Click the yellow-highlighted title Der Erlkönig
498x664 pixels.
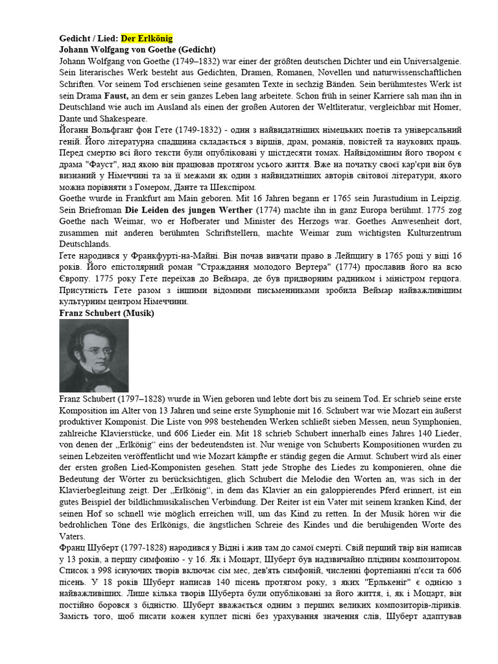click(147, 38)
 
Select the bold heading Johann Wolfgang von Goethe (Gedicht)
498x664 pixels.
click(137, 49)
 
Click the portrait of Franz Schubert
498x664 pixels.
click(93, 355)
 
